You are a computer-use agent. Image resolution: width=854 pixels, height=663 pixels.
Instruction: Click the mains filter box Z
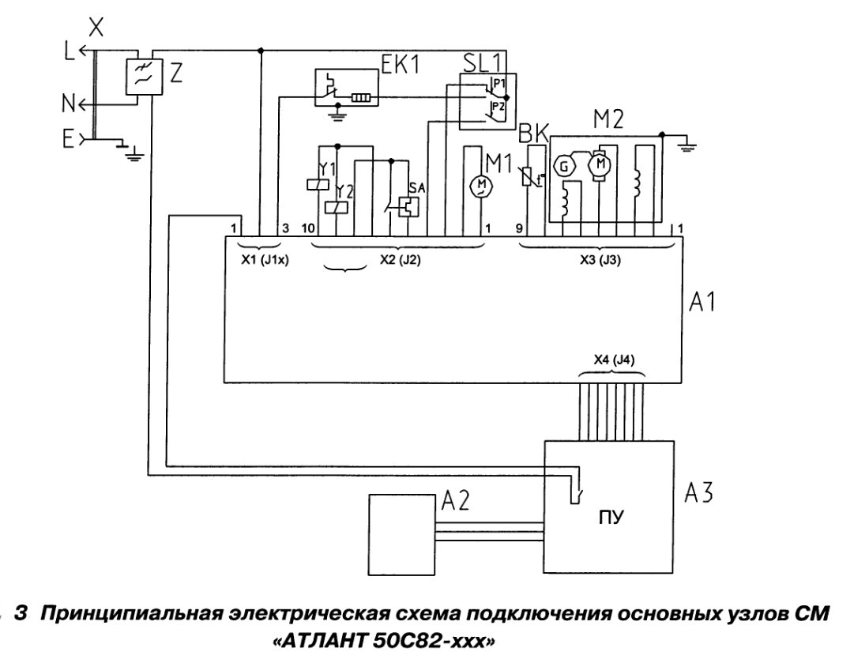pyautogui.click(x=145, y=77)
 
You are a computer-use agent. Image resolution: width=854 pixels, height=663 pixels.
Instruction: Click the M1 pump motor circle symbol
pyautogui.click(x=480, y=186)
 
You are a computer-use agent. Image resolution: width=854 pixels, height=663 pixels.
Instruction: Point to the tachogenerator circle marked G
pyautogui.click(x=564, y=166)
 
